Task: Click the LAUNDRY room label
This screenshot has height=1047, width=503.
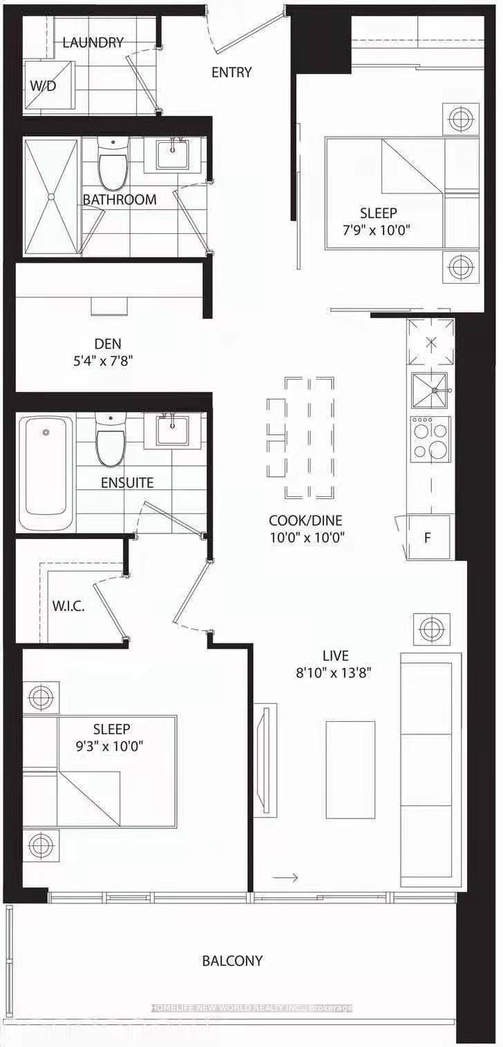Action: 93,43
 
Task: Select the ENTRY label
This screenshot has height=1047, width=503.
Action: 231,72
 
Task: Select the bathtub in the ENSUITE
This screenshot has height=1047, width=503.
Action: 46,471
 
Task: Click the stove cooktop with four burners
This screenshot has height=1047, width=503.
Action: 430,439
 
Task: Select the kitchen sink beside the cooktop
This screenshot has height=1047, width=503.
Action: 429,391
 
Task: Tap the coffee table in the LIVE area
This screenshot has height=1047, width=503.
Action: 350,760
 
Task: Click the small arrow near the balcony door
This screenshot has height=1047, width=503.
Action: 285,877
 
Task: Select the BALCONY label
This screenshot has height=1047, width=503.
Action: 232,961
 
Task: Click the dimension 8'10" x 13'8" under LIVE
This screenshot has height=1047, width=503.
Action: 334,673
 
